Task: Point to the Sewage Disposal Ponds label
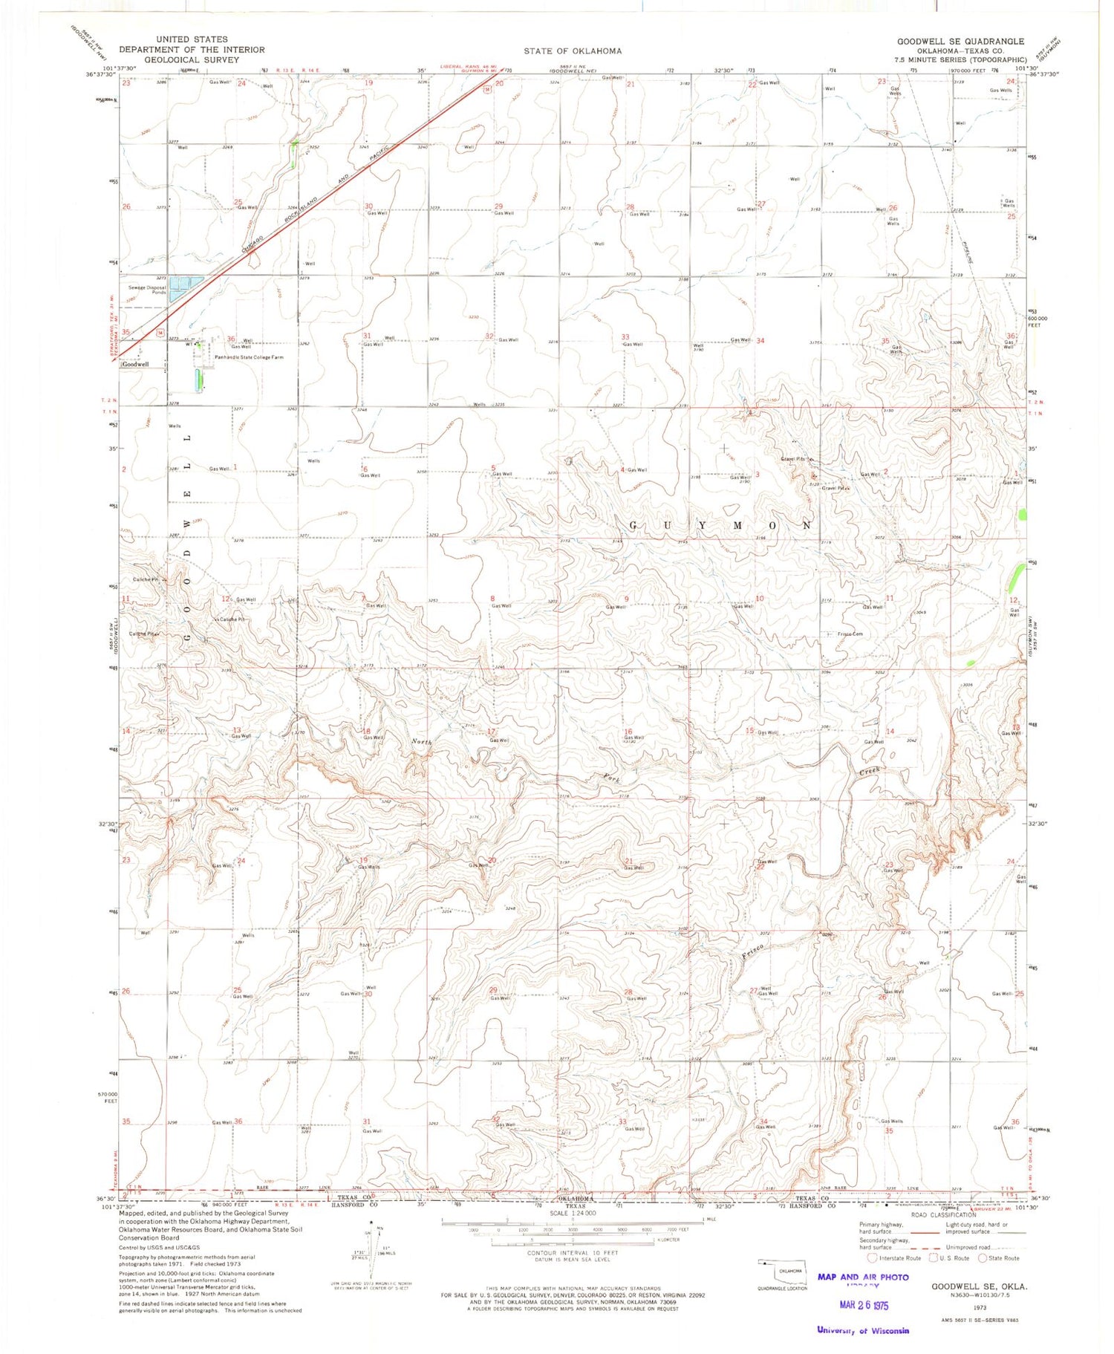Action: (147, 290)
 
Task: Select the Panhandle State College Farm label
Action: (249, 357)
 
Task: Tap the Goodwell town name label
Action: (135, 365)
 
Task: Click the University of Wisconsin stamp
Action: (862, 1330)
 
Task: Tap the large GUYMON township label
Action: (720, 525)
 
